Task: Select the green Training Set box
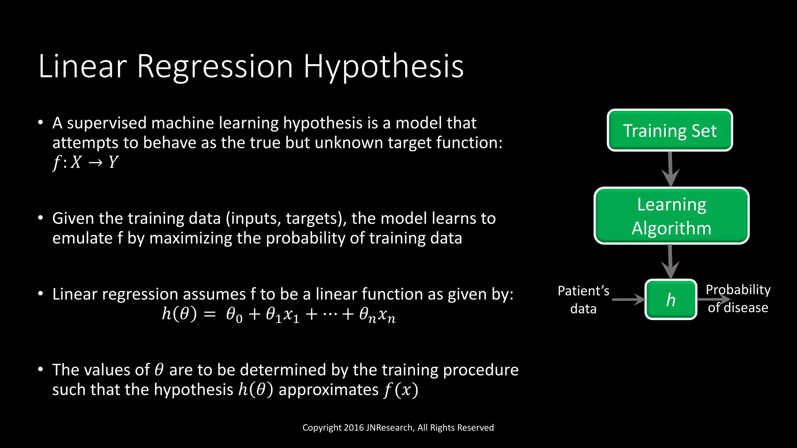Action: [x=670, y=130]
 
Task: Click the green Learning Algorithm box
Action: [x=671, y=216]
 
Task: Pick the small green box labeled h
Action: [x=671, y=299]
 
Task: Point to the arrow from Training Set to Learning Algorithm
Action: [x=670, y=169]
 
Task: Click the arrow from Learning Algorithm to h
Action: [x=670, y=261]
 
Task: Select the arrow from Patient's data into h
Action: [x=628, y=299]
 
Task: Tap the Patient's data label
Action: [x=583, y=299]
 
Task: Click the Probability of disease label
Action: [x=738, y=299]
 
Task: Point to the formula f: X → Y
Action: [x=85, y=162]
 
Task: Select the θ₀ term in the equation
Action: [x=234, y=315]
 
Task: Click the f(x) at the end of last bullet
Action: [x=400, y=390]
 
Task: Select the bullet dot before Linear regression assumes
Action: [x=40, y=294]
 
